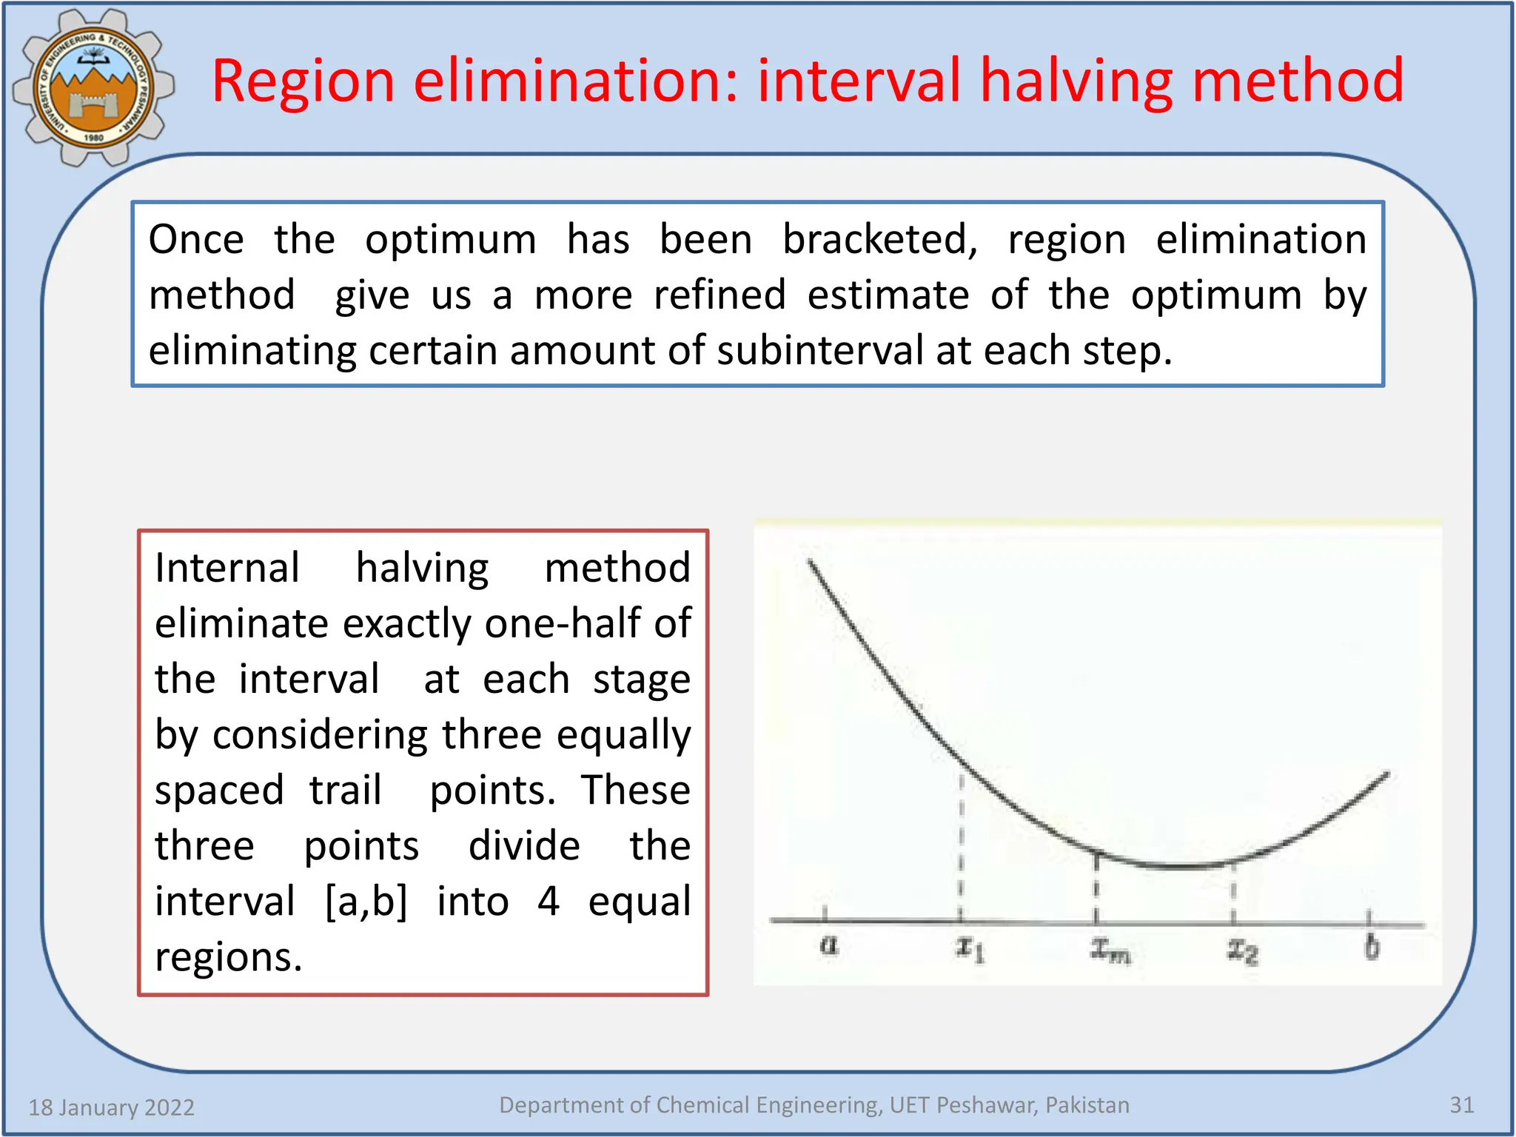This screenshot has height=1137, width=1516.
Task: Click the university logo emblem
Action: [x=93, y=87]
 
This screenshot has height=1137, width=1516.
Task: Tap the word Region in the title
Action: [x=303, y=81]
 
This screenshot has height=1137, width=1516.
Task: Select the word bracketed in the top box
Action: [x=880, y=240]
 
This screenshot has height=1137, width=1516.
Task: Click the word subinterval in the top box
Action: [x=819, y=351]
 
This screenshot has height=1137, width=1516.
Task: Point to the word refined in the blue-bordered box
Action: [x=720, y=295]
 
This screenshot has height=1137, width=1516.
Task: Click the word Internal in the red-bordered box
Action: [x=227, y=568]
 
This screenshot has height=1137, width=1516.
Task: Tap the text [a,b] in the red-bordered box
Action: [x=366, y=902]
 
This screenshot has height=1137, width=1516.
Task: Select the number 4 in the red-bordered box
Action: [x=548, y=902]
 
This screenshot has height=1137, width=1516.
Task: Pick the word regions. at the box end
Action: [x=229, y=957]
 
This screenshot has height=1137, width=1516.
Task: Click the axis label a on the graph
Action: [x=829, y=945]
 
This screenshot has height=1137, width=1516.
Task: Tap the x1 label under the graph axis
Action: [x=969, y=947]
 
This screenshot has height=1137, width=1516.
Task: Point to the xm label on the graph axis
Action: [x=1110, y=950]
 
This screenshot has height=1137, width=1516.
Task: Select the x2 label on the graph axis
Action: [x=1242, y=950]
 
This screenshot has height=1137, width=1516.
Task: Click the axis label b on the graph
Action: [x=1372, y=947]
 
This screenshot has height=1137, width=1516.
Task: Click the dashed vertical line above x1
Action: [x=961, y=844]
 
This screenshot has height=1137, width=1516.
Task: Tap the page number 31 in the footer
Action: [x=1461, y=1105]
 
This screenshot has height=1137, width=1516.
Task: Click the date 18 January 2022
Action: [x=111, y=1107]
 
